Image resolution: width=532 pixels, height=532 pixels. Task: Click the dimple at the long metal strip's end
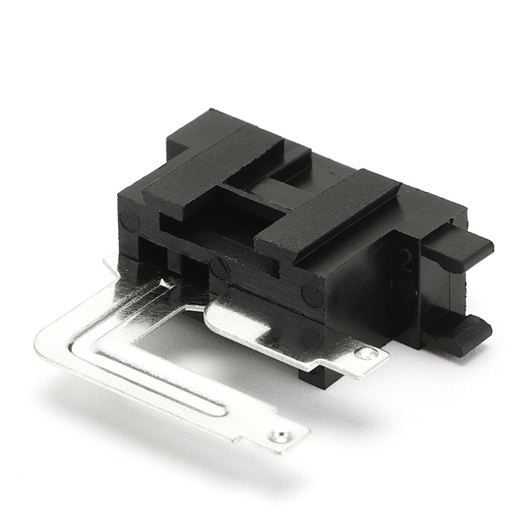[279, 437]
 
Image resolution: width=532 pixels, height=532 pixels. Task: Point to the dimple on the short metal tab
[364, 353]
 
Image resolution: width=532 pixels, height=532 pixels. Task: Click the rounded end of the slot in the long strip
[216, 407]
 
